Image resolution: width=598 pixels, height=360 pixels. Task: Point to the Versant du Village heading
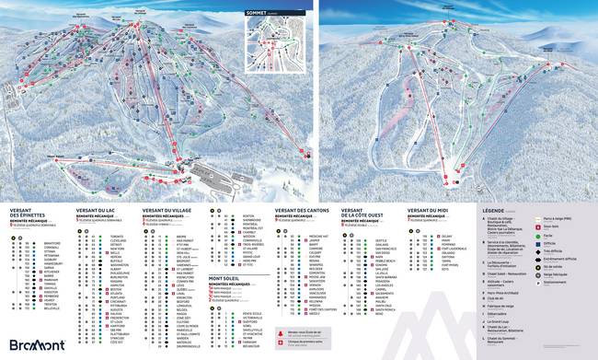[171, 209]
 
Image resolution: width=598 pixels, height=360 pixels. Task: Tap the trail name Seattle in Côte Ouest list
[381, 236]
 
